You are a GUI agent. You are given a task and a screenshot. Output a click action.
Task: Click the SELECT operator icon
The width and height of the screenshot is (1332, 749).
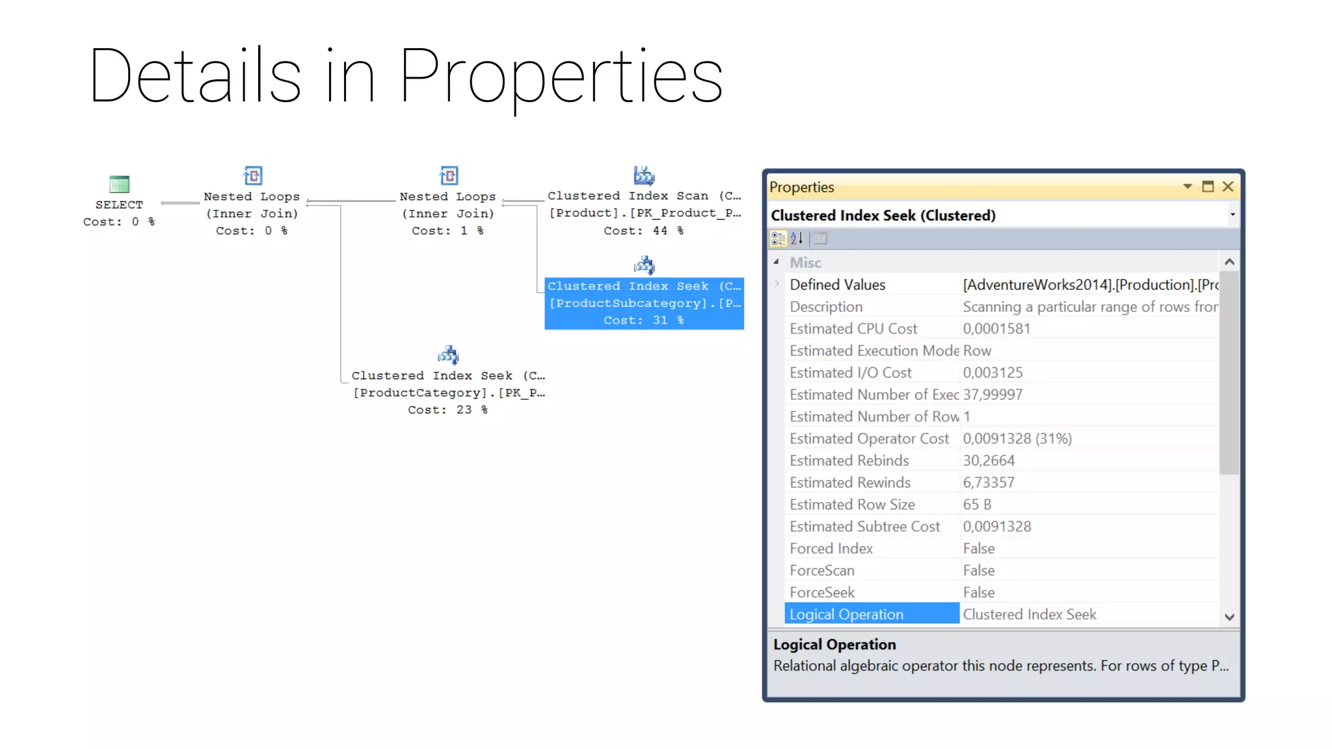click(119, 184)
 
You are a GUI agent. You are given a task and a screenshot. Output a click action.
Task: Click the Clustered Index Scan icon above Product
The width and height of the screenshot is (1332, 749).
click(644, 176)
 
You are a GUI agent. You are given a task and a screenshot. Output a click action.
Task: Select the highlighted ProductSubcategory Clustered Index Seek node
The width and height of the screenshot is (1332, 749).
click(644, 303)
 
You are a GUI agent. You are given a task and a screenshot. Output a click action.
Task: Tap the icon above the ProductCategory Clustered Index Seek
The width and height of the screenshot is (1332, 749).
click(448, 355)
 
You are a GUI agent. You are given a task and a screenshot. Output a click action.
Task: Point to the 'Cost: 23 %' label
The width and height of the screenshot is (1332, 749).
click(447, 410)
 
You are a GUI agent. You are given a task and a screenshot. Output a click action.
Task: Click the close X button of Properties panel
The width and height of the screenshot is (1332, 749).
click(1228, 187)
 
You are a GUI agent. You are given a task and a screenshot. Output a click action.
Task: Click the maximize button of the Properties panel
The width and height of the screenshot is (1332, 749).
click(1208, 187)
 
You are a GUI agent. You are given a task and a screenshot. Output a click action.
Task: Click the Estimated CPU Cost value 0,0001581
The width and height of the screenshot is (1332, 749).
click(996, 329)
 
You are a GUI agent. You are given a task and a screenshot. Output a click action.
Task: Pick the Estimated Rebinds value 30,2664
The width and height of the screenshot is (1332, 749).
click(989, 461)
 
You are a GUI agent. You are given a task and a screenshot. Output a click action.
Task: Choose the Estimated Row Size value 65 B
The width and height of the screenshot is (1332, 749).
click(977, 505)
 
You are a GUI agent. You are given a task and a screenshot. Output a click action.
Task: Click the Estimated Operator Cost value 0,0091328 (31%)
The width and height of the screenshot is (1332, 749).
click(1017, 439)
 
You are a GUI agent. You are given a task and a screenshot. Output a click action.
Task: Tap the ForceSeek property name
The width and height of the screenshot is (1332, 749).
click(822, 592)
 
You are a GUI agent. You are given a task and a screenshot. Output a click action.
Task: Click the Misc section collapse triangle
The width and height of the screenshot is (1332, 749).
click(776, 262)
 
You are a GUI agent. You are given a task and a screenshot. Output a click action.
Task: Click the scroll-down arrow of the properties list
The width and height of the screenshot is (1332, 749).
click(1229, 617)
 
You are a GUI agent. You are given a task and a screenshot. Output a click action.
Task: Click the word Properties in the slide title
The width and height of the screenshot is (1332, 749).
click(561, 77)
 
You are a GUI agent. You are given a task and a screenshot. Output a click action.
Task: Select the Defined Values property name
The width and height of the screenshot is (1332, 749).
click(837, 285)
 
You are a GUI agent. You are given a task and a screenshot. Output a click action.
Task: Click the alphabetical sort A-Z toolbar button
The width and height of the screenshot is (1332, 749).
click(797, 239)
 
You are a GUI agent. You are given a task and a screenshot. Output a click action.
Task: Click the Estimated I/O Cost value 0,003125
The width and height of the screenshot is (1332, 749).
click(992, 373)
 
